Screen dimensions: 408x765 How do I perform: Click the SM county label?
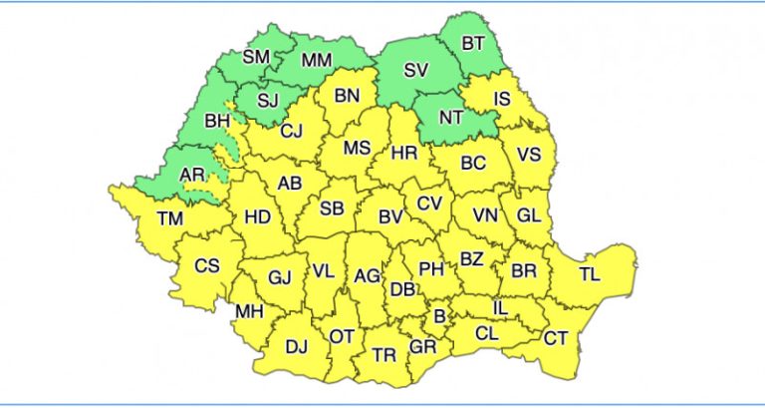[x=256, y=57]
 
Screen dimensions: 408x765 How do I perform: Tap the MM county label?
[x=316, y=61]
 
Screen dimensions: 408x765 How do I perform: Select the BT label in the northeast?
[x=474, y=43]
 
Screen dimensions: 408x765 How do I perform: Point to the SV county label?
[x=416, y=71]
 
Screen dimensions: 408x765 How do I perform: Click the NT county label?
[x=451, y=117]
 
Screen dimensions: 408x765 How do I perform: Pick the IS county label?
[x=502, y=98]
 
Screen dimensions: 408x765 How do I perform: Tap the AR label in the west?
[x=192, y=176]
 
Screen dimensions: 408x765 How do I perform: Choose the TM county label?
[x=170, y=218]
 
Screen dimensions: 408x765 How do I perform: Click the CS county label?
[x=206, y=265]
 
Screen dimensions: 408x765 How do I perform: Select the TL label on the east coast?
[x=590, y=274]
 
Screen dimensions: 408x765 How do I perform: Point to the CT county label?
[x=555, y=339]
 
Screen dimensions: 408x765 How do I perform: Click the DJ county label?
[x=296, y=347]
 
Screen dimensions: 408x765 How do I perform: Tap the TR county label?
[x=383, y=355]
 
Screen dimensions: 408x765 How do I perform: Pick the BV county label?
[x=389, y=216]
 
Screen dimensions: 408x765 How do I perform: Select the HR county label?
[x=404, y=154]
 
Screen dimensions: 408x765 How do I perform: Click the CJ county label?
[x=291, y=131]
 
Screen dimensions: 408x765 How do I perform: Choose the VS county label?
[x=530, y=155]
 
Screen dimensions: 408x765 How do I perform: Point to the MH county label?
[x=248, y=312]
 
